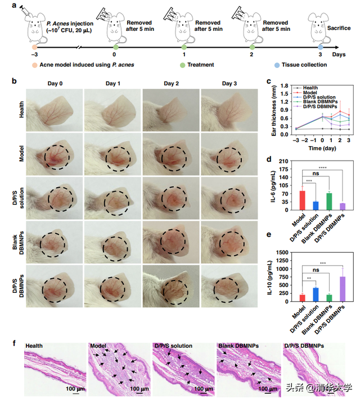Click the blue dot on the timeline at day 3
pos(321,48)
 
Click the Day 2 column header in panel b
pos(171,84)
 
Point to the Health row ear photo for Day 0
pos(54,110)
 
